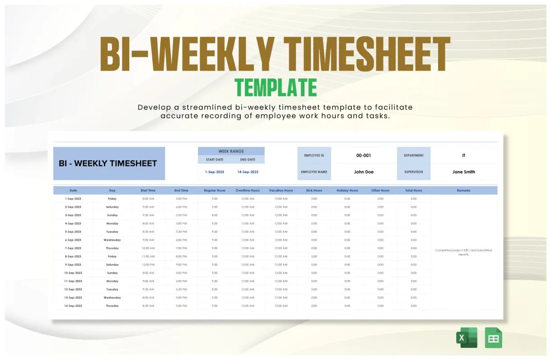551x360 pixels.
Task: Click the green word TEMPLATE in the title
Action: (275, 88)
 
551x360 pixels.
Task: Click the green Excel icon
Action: (467, 338)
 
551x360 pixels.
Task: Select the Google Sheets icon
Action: (493, 338)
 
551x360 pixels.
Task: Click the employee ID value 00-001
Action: (364, 155)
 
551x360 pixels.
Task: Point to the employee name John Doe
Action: (364, 172)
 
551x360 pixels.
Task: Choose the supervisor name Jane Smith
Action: (463, 172)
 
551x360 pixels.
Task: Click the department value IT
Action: (463, 155)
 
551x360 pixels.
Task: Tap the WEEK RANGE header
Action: (231, 151)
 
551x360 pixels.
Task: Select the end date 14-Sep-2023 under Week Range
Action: (248, 172)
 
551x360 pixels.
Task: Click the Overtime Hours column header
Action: (247, 191)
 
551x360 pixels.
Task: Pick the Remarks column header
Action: (463, 191)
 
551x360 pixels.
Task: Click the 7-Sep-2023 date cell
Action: (73, 248)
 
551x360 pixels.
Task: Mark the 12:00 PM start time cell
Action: (148, 265)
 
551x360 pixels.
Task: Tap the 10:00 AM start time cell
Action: (148, 248)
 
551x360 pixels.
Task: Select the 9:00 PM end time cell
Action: (182, 265)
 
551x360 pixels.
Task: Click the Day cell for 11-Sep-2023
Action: (112, 281)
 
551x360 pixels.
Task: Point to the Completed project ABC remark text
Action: (463, 252)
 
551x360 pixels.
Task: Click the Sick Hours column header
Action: (314, 191)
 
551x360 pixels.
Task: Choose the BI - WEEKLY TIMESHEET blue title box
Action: (109, 164)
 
